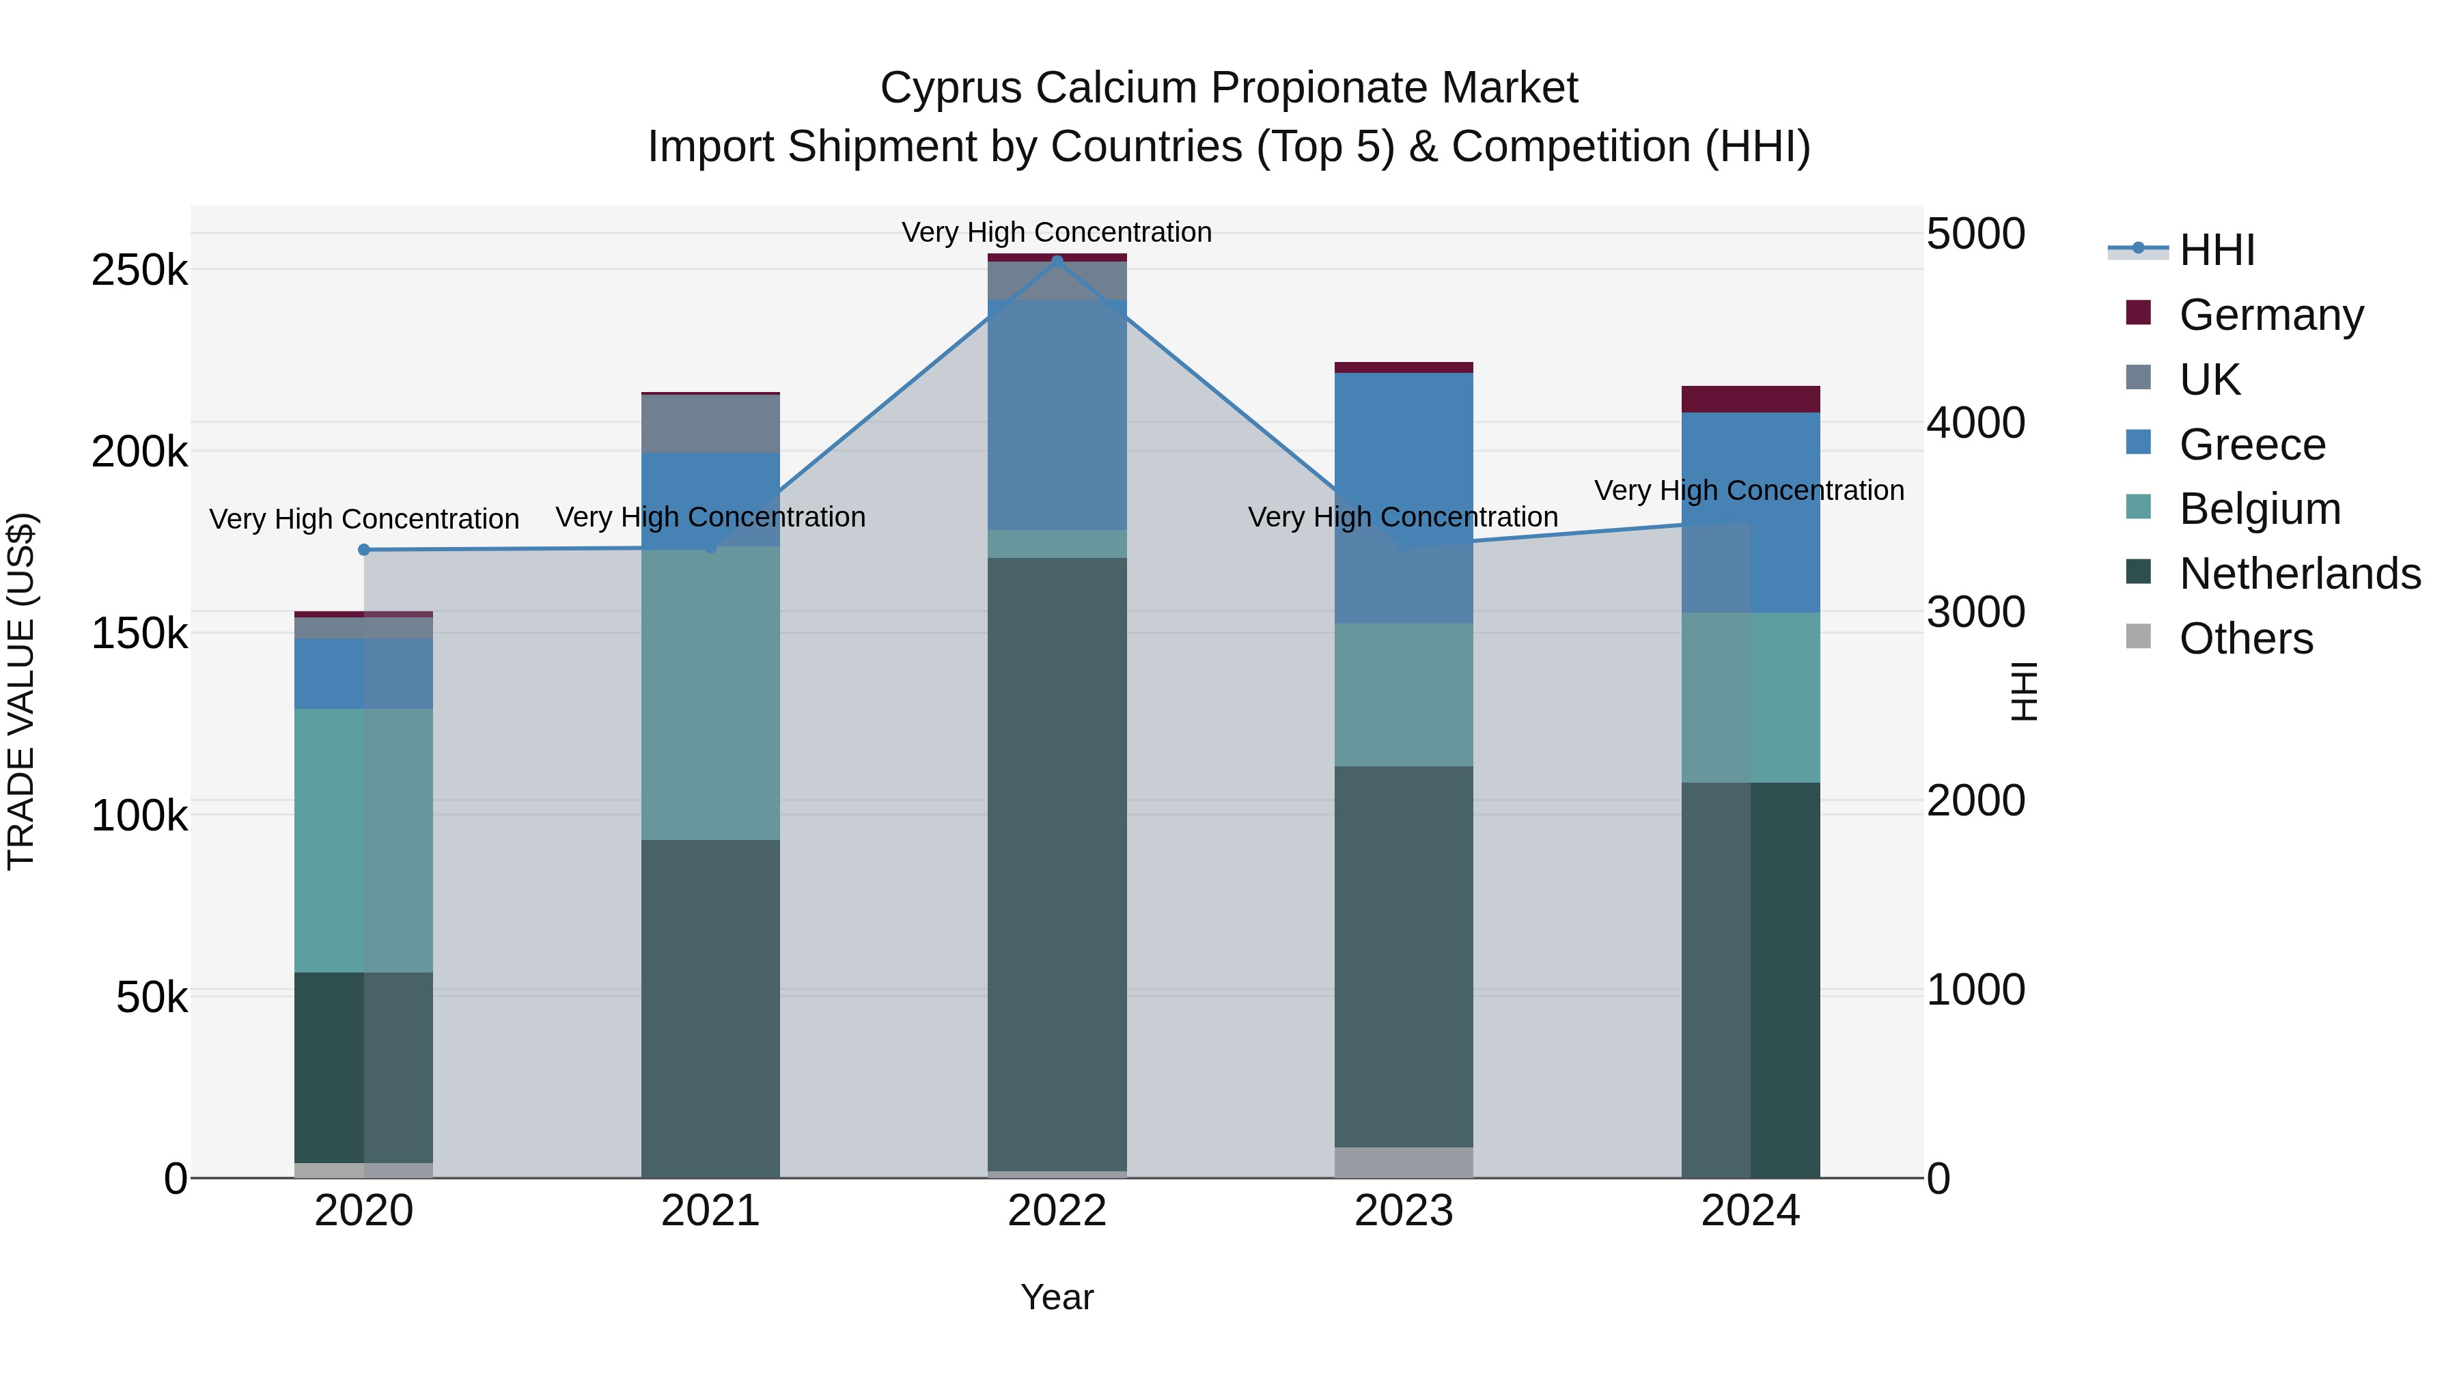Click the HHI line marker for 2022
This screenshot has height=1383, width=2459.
click(1057, 261)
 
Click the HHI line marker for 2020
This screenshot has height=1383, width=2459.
click(363, 550)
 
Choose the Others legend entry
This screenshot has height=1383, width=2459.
click(2245, 639)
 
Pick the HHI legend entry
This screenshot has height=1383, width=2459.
click(2217, 250)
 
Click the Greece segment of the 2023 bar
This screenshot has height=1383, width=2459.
click(1403, 497)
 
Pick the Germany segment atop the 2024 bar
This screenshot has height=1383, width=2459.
click(1750, 399)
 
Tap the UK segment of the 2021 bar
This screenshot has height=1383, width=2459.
click(710, 423)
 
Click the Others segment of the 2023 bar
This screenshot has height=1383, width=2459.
click(1403, 1162)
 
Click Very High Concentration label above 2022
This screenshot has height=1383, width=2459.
click(1057, 232)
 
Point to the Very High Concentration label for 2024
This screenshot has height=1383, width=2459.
click(1749, 490)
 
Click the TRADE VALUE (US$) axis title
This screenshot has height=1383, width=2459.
click(21, 691)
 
